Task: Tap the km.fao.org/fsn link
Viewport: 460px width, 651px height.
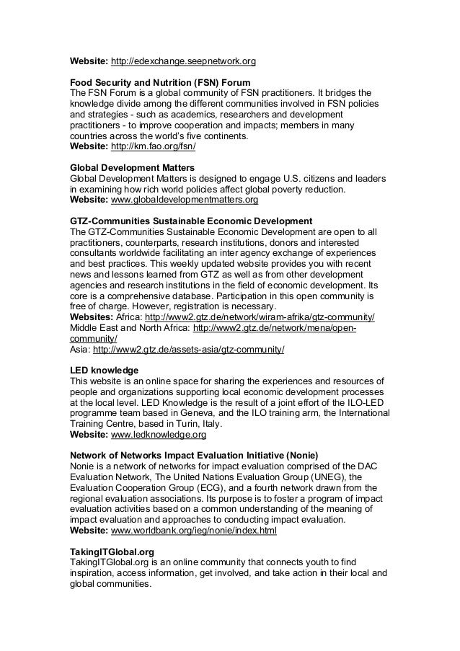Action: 153,146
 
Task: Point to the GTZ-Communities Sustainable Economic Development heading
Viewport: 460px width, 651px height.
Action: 190,220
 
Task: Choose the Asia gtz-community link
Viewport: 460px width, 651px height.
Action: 190,350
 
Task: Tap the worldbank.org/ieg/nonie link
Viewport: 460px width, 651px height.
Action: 193,530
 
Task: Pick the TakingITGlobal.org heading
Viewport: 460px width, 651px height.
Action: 112,551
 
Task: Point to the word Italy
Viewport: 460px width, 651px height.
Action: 208,425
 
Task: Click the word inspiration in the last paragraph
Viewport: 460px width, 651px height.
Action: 95,574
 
